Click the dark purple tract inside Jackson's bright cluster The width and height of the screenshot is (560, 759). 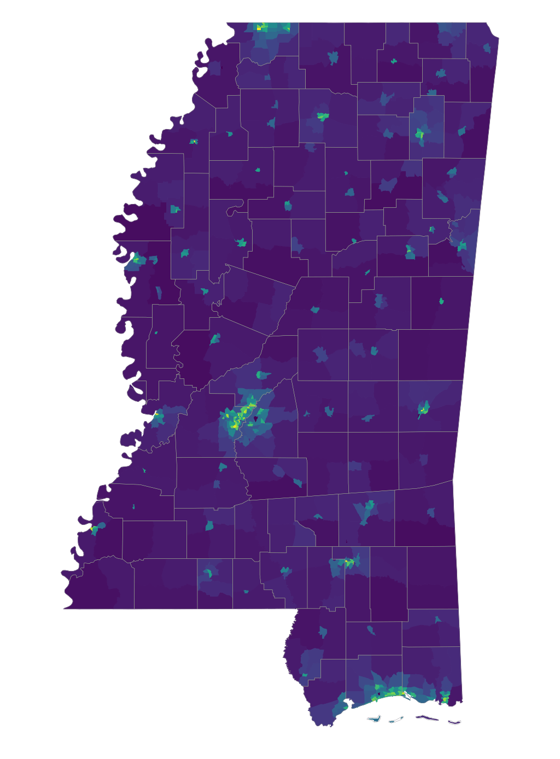click(x=255, y=419)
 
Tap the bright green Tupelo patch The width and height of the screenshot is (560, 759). click(x=420, y=134)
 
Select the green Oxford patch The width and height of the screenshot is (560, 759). click(x=323, y=116)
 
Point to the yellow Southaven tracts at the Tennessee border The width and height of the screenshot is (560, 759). click(x=260, y=27)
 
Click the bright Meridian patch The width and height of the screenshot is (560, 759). click(x=424, y=408)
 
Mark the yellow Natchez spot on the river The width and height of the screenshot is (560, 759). click(x=94, y=529)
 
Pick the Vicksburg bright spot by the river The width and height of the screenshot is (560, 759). click(x=156, y=415)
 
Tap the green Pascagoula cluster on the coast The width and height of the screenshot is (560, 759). click(x=445, y=697)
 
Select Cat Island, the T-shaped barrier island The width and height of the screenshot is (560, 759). click(x=375, y=719)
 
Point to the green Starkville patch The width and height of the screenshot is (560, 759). click(x=410, y=251)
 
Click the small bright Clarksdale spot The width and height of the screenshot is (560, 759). click(x=193, y=142)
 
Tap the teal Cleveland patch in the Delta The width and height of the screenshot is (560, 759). click(x=175, y=209)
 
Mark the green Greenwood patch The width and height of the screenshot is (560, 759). click(x=241, y=242)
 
